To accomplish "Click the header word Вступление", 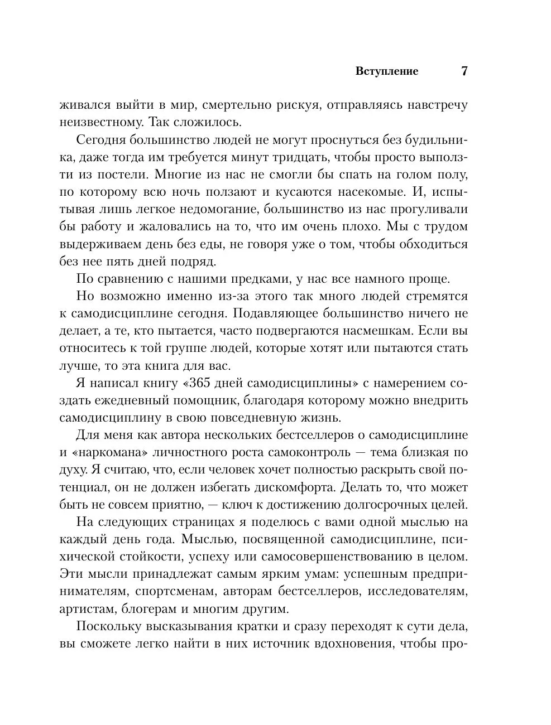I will click(387, 71).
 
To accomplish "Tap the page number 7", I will click(464, 71).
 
